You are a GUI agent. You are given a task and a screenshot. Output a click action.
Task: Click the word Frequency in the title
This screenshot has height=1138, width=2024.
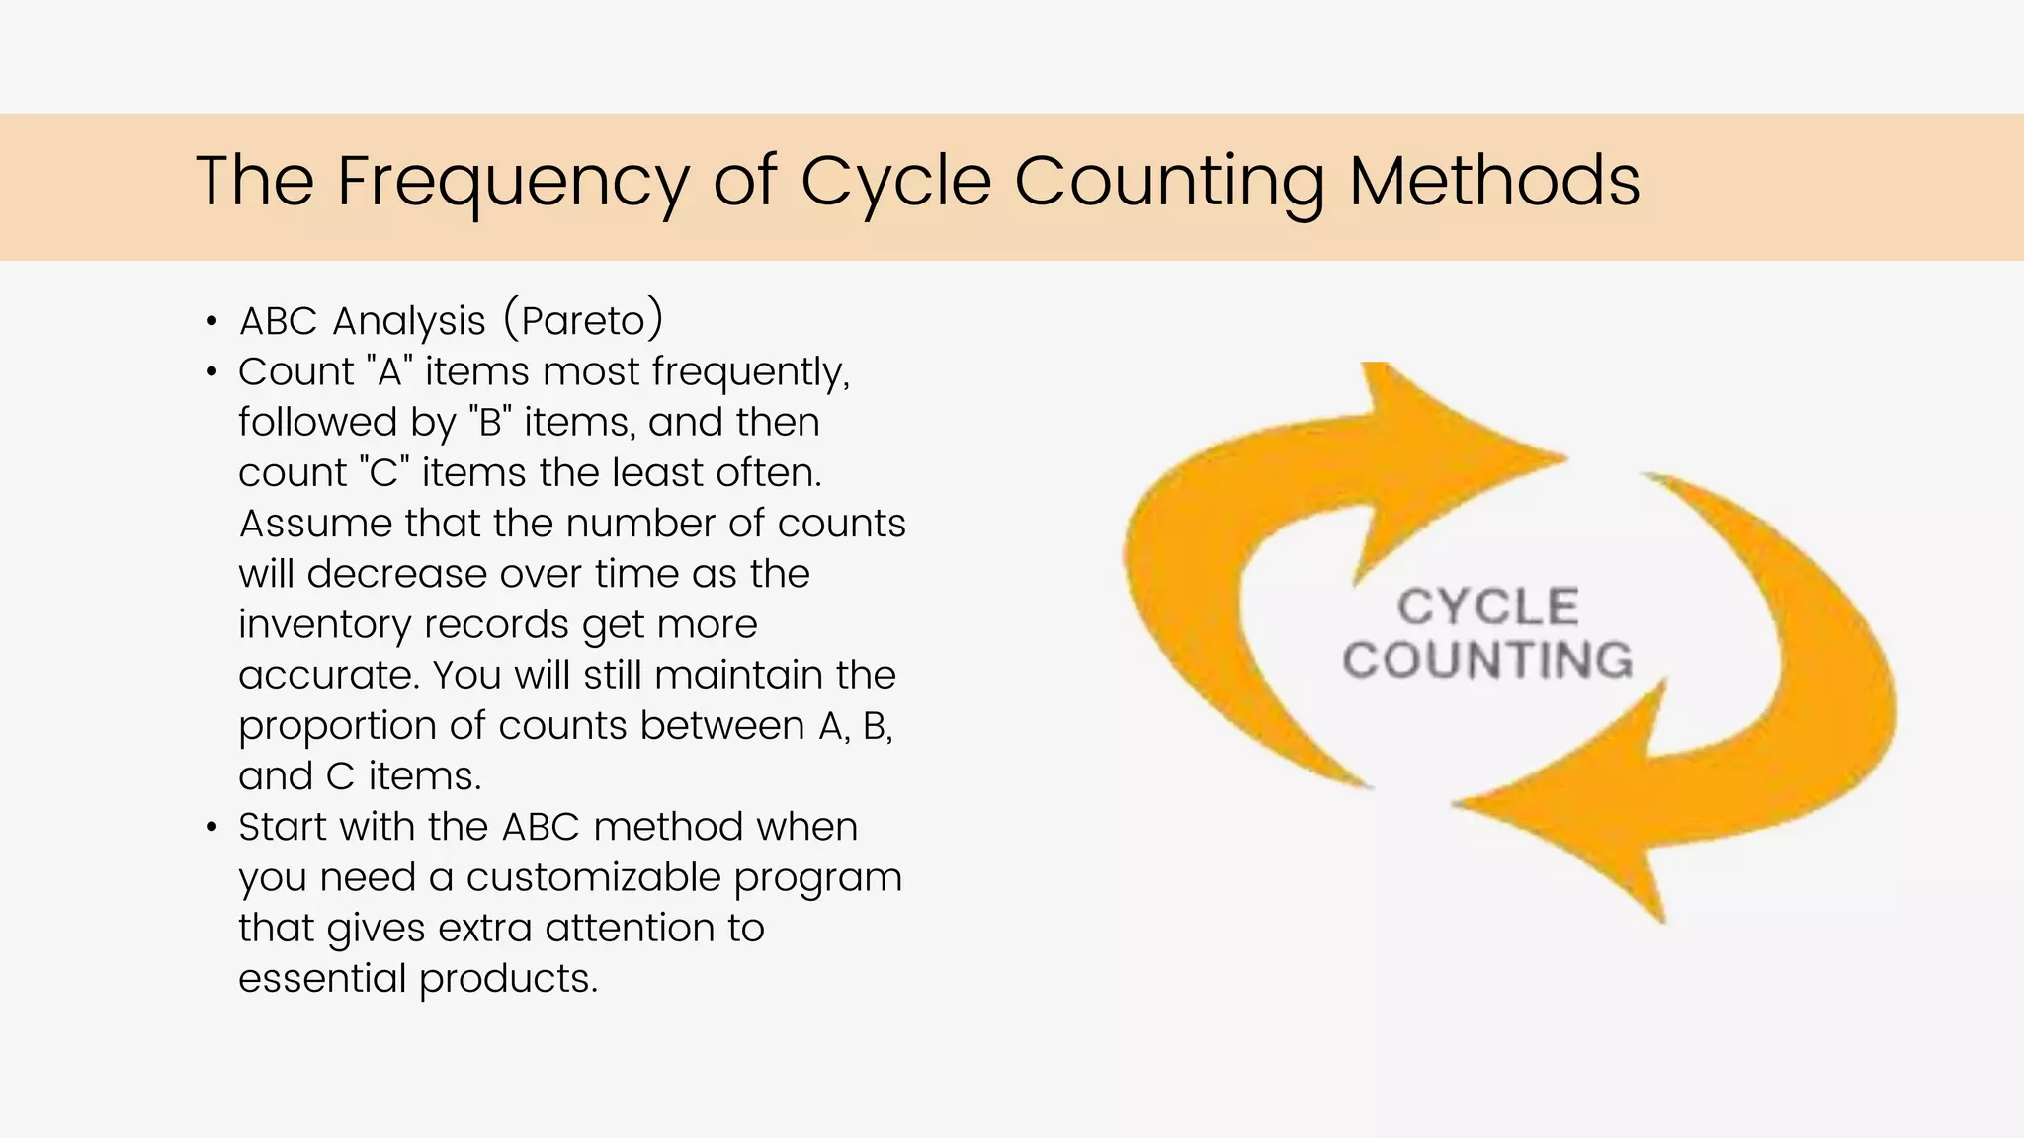(512, 182)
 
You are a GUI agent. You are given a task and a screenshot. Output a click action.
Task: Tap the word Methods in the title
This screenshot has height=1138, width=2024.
(1494, 182)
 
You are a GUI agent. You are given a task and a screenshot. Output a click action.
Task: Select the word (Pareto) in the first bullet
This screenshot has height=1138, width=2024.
(583, 320)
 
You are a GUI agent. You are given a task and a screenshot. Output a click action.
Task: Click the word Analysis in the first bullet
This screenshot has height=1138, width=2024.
(409, 322)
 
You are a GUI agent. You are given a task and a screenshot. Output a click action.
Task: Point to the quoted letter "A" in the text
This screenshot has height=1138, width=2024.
(389, 371)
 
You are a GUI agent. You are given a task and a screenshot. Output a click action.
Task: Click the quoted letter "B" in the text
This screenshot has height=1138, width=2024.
(490, 422)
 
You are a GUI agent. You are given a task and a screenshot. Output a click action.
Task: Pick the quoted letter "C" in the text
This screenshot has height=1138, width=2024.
(384, 472)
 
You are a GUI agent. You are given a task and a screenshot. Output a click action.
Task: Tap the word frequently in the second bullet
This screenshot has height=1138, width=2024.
(750, 372)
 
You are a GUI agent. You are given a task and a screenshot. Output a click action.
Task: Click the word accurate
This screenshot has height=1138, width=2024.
(327, 676)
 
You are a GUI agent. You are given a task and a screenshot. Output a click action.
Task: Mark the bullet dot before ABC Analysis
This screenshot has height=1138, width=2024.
(211, 322)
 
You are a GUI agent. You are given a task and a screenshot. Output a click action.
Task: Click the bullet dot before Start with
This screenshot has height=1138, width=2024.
(211, 828)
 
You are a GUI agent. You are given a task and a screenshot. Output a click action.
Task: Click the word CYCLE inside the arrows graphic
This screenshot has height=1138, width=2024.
(1487, 607)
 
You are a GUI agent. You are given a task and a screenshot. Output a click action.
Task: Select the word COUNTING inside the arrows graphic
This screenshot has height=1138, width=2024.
(1487, 660)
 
